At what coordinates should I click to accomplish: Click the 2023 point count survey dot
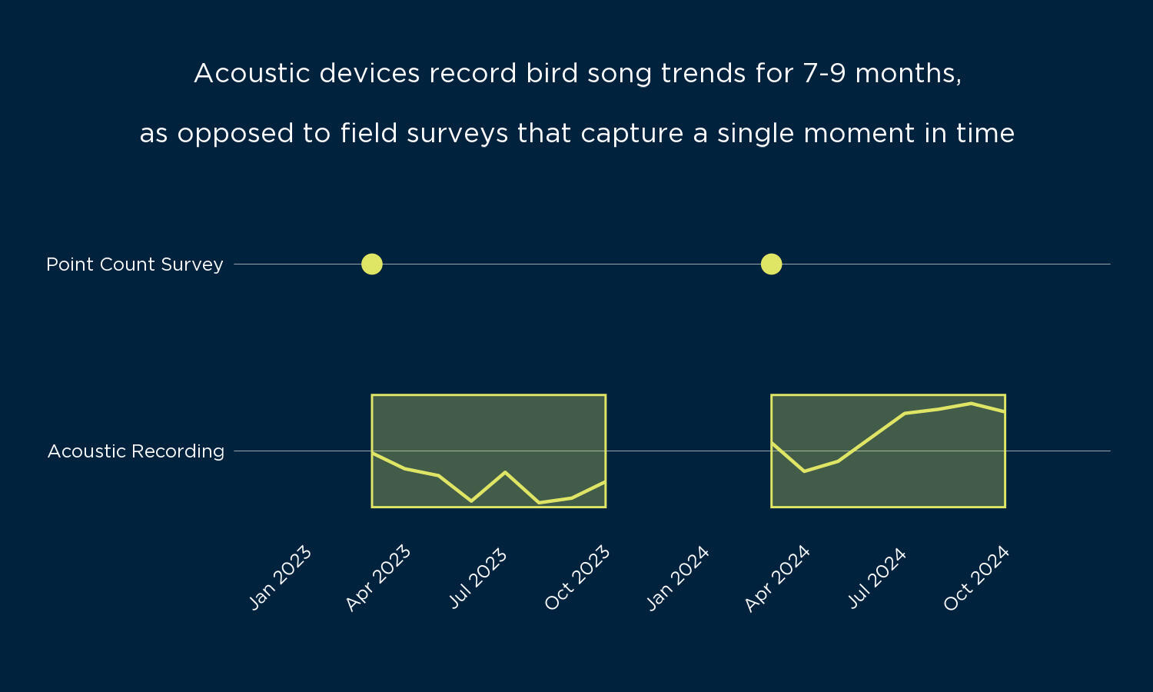[372, 264]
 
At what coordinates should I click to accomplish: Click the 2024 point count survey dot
[771, 264]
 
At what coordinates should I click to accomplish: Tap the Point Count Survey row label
[135, 264]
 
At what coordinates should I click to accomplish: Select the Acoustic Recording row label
[136, 451]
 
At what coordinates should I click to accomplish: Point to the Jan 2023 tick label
[281, 577]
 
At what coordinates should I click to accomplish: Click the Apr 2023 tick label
[378, 578]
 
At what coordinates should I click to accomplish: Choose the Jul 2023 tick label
[478, 578]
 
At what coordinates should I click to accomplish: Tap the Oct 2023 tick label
[577, 578]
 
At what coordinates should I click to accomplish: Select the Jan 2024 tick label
[677, 578]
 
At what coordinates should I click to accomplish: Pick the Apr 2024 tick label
[777, 578]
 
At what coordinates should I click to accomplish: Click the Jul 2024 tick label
[877, 578]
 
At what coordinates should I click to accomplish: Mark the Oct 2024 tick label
[976, 578]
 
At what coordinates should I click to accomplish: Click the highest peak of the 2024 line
[972, 403]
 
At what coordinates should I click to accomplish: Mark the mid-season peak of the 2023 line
[505, 471]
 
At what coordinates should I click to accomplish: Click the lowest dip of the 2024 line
[804, 471]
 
